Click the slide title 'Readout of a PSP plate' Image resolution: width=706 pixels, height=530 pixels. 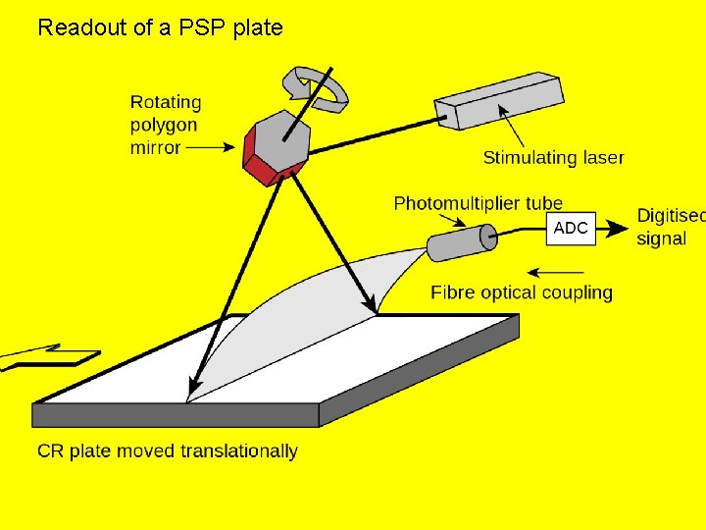(160, 27)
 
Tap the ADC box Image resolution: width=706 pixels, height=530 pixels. (571, 229)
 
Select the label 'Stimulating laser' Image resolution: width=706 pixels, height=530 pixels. (553, 157)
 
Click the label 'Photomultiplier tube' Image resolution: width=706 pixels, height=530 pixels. (478, 203)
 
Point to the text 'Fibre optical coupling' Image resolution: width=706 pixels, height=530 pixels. (522, 292)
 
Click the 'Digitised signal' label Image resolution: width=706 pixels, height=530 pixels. (670, 227)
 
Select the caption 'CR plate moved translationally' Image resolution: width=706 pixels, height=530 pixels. (168, 451)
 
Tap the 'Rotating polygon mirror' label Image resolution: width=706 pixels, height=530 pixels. (165, 125)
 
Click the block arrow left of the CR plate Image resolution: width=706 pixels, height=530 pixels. (49, 356)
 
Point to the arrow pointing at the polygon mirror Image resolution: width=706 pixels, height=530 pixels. (212, 148)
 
